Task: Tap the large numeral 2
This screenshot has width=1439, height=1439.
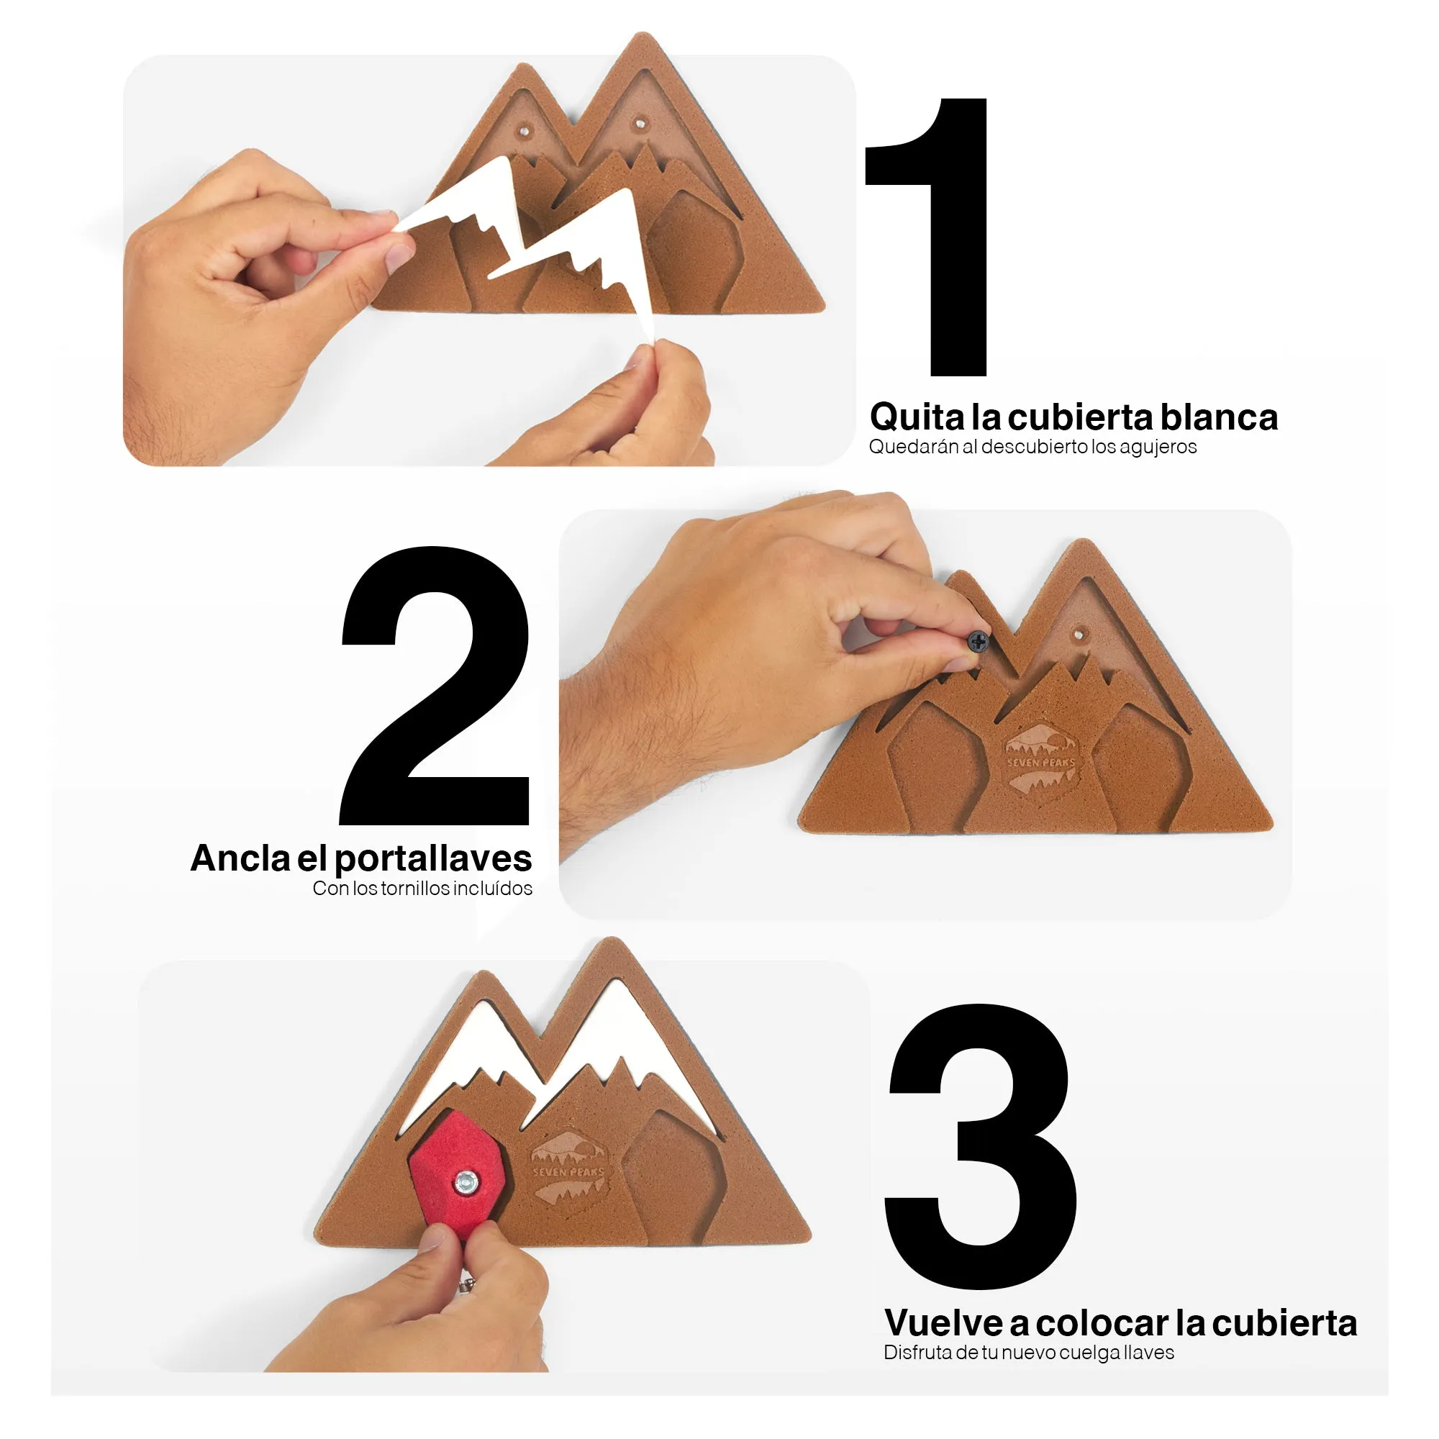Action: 435,686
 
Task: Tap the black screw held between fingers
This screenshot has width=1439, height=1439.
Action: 978,641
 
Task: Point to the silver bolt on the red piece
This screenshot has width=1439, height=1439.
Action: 466,1181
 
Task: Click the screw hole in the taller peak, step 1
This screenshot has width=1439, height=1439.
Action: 639,122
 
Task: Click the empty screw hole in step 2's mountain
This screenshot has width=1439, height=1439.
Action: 1078,635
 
